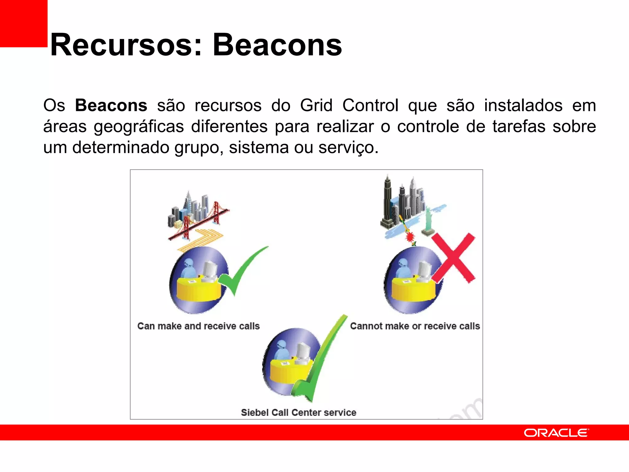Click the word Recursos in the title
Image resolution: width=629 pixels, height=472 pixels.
[122, 45]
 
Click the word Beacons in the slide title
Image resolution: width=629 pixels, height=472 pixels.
[277, 45]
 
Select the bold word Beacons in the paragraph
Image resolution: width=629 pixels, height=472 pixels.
[111, 105]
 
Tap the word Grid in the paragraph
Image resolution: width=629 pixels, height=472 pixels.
[316, 105]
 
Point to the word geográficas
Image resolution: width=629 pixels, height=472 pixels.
[139, 127]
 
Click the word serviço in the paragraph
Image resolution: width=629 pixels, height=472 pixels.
[348, 147]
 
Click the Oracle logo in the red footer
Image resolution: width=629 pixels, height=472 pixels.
[556, 433]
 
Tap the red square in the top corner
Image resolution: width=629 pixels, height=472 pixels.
[24, 23]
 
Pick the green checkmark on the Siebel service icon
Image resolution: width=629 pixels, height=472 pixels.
[319, 360]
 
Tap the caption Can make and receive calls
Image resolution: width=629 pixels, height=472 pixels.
[198, 326]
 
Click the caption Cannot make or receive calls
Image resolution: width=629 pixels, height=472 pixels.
[415, 326]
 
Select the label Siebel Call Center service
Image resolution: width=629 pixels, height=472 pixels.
[299, 412]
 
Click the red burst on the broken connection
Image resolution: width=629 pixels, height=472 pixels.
[410, 237]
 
